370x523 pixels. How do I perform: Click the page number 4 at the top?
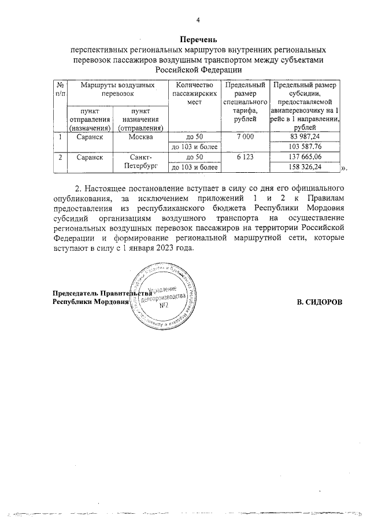(x=198, y=21)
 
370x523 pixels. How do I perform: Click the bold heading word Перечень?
(x=198, y=40)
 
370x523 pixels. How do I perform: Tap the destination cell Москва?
(x=140, y=137)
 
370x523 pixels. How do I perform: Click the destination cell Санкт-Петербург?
(x=140, y=162)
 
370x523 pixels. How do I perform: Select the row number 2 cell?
(x=60, y=157)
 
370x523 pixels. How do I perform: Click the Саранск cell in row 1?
(x=90, y=137)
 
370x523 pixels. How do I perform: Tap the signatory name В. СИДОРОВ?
(x=319, y=302)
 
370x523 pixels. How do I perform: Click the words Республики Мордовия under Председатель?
(x=90, y=302)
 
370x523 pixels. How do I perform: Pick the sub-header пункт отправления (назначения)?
(x=90, y=119)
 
